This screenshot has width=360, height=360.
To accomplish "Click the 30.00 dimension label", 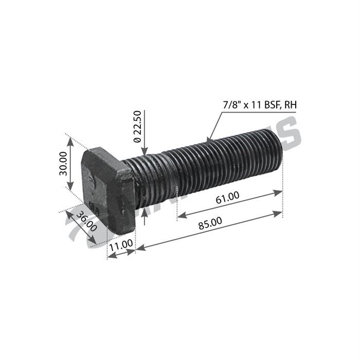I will pos(62,164).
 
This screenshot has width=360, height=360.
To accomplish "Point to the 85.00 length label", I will pos(209,222).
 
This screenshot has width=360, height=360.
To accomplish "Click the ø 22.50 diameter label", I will pos(137,126).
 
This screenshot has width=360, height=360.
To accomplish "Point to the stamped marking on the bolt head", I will pos(92,183).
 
